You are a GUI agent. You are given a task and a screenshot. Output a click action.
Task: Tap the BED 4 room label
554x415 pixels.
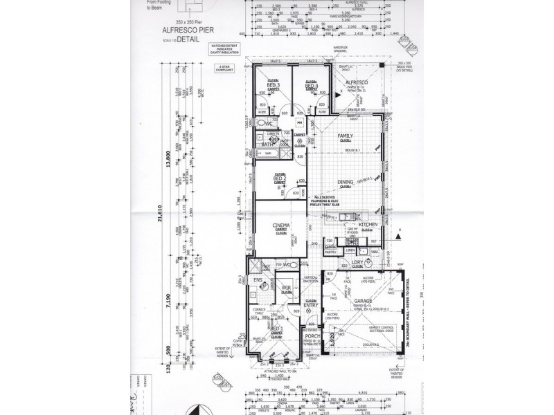pyautogui.click(x=311, y=86)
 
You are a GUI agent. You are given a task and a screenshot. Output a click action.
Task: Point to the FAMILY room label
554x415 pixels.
pyautogui.click(x=345, y=136)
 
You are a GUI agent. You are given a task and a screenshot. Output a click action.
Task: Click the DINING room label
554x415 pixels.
pyautogui.click(x=345, y=183)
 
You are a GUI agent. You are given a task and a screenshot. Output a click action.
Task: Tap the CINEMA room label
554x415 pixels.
pyautogui.click(x=280, y=225)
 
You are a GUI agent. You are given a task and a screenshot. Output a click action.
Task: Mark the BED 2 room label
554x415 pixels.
pyautogui.click(x=281, y=179)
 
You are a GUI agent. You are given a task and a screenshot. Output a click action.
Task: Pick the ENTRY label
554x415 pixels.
pyautogui.click(x=310, y=305)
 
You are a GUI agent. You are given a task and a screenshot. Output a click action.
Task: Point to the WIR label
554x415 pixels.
pyautogui.click(x=285, y=289)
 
